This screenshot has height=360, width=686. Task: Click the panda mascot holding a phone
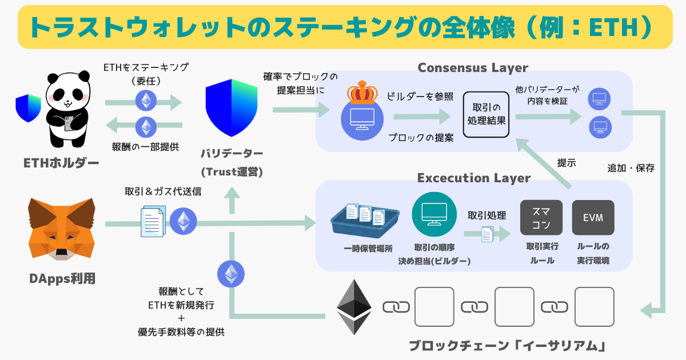point(68,109)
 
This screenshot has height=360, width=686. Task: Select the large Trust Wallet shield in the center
point(232,108)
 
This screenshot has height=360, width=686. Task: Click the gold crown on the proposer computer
point(362,92)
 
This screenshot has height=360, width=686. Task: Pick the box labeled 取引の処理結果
point(486,114)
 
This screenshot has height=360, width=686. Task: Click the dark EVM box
point(593,218)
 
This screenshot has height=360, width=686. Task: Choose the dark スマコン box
point(541,218)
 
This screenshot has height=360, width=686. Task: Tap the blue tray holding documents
point(365,221)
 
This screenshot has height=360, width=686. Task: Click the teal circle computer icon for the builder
point(434,214)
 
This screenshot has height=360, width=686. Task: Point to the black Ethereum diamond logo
point(354,307)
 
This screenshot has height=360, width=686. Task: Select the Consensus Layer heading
point(473,67)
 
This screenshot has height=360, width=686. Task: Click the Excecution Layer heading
point(474,178)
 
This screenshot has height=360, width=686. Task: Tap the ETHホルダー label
point(61,163)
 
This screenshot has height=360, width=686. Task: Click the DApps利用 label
point(62,279)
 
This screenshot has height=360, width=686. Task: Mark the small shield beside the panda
point(28,108)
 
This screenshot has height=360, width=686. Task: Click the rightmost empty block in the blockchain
point(594,307)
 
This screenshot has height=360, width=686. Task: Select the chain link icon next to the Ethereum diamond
point(396,307)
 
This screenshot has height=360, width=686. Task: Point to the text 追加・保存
point(631,168)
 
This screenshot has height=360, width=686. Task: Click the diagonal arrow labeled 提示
point(544,163)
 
